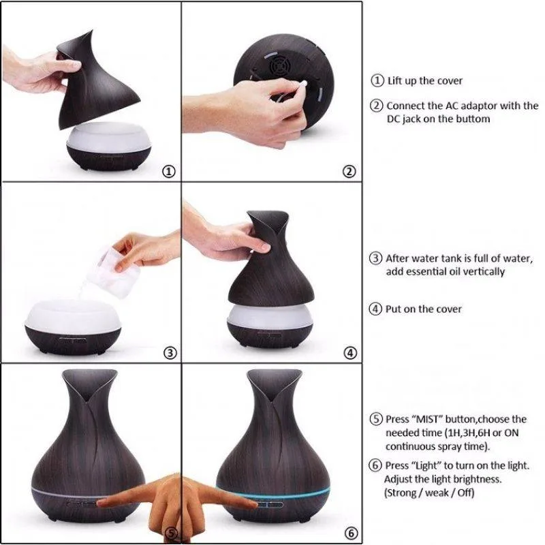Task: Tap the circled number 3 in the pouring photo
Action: [170, 353]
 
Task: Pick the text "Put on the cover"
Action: [424, 309]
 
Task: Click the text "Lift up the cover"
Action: [424, 80]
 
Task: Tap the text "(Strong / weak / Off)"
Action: [429, 493]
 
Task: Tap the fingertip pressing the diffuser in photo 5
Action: [102, 501]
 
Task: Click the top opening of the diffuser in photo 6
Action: [272, 379]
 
